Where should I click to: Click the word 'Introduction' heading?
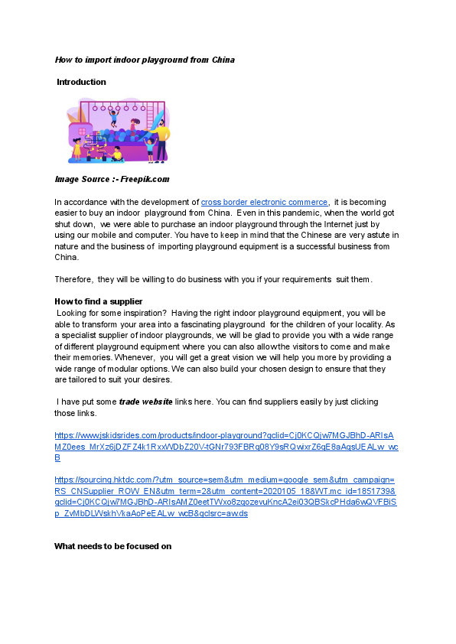(81, 82)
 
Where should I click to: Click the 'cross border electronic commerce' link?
(264, 202)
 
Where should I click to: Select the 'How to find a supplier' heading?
(99, 301)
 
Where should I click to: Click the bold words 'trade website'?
(145, 402)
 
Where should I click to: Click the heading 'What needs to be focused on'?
(112, 546)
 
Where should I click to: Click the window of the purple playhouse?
(78, 137)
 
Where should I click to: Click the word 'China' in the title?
(221, 59)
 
